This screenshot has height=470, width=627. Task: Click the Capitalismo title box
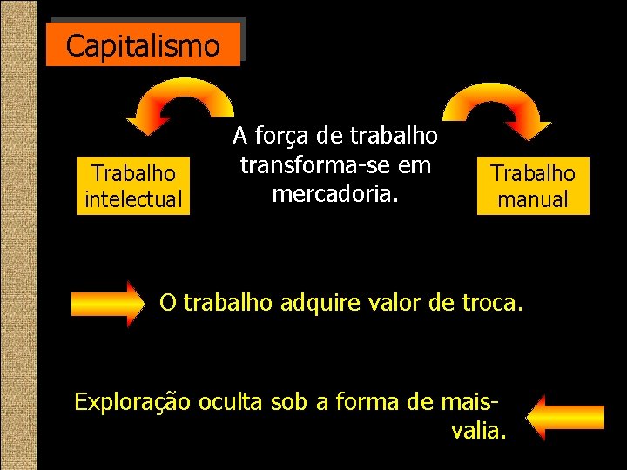[144, 45]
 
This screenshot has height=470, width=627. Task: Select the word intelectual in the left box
[133, 199]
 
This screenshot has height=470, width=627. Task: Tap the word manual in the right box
[533, 199]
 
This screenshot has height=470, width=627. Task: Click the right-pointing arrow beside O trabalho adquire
[111, 304]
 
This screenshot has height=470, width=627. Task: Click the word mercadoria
[335, 193]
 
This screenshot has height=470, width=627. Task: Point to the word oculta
[229, 401]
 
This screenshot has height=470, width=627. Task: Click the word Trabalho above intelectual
[133, 173]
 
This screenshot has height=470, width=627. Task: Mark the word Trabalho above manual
[533, 173]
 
